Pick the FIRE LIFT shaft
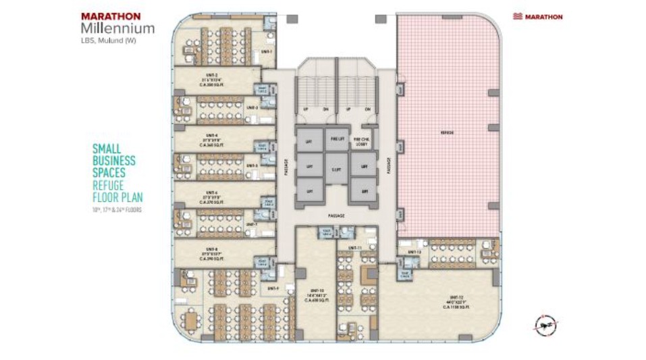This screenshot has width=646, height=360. click(x=336, y=139)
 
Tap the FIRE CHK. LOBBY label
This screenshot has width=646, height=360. click(x=362, y=141)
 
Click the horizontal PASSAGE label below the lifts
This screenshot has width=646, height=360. click(x=336, y=216)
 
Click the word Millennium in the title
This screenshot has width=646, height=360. click(x=117, y=28)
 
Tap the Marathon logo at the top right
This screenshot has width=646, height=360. click(x=537, y=16)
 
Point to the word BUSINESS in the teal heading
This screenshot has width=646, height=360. click(x=113, y=161)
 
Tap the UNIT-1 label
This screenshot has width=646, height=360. click(x=266, y=52)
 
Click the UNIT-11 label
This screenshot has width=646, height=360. click(x=356, y=249)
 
